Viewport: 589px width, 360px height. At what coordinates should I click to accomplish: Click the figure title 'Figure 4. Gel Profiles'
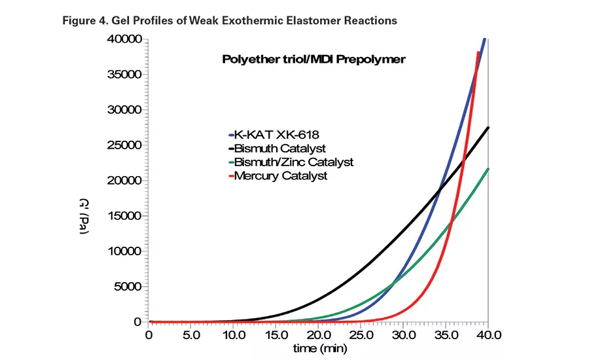(x=229, y=20)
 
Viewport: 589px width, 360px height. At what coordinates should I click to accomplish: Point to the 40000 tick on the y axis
(x=125, y=39)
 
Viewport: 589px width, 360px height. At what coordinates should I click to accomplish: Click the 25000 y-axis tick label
(x=125, y=145)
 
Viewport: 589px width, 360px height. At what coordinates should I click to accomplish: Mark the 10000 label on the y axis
(x=125, y=251)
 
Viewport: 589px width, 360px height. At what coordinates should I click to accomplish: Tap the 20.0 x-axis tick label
(x=319, y=334)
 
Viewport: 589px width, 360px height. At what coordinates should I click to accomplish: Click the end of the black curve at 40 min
(x=488, y=128)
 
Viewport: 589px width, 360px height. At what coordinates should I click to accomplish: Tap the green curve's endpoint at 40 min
(x=488, y=169)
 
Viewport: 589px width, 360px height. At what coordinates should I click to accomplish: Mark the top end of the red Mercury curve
(x=478, y=52)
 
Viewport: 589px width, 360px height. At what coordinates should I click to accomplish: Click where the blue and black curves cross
(x=440, y=189)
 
